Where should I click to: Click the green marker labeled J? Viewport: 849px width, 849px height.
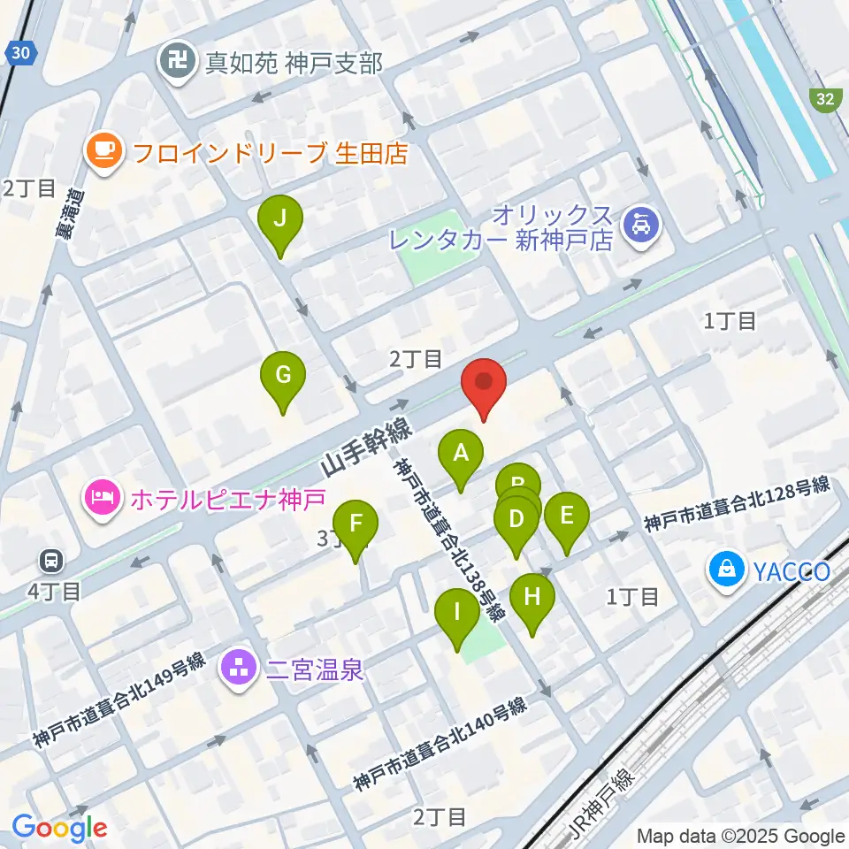(279, 218)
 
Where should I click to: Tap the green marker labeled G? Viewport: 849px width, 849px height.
(283, 376)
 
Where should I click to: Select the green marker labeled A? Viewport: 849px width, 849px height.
(461, 454)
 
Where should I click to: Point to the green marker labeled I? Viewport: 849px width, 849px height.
(457, 612)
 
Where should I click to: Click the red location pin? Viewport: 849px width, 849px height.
(484, 382)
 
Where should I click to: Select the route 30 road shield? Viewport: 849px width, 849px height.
(22, 54)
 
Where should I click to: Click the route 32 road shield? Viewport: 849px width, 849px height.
(824, 100)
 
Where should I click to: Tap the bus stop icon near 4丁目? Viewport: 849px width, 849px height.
(50, 559)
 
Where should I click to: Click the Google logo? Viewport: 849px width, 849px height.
(60, 827)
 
